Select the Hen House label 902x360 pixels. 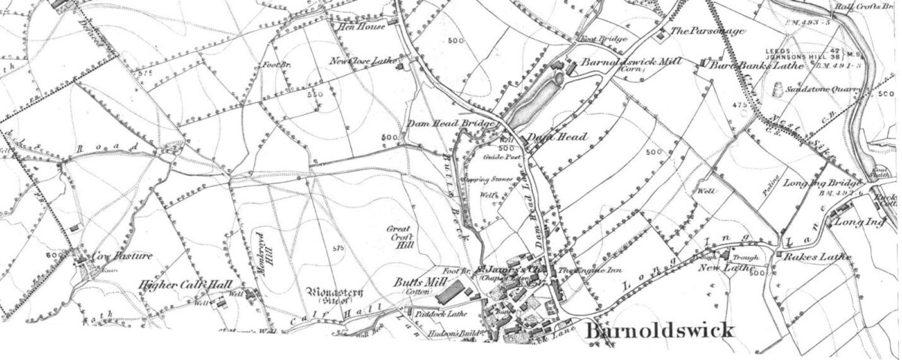pos(364,26)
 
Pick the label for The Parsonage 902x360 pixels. pos(707,32)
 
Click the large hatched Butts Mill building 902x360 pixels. pos(450,291)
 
